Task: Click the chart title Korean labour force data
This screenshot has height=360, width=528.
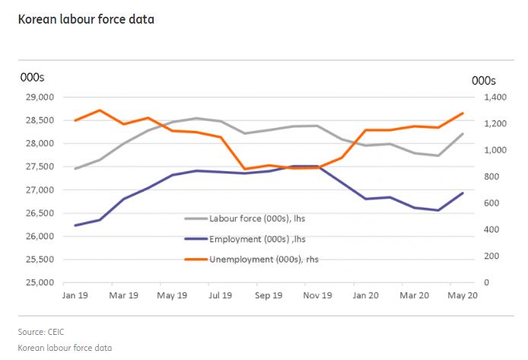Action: click(86, 18)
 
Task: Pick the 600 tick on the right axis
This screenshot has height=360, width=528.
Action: click(492, 203)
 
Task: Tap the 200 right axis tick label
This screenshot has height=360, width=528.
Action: click(492, 256)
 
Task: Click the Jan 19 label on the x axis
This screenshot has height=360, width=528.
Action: click(75, 295)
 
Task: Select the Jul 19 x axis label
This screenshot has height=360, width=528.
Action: click(220, 295)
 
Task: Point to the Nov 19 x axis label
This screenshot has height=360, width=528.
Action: click(317, 295)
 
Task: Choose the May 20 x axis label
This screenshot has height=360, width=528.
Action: click(461, 295)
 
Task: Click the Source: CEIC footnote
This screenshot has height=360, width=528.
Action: click(47, 332)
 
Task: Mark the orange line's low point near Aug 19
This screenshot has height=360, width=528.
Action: click(244, 169)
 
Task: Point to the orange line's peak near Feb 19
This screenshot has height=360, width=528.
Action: click(100, 110)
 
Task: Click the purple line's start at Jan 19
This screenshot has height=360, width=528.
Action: click(75, 225)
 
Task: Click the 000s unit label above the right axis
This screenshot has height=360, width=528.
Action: click(484, 80)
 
